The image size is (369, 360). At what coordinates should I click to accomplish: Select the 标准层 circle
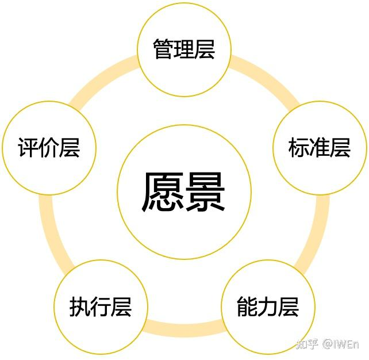point(320,148)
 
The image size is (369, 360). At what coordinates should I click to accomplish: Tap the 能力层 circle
point(268,307)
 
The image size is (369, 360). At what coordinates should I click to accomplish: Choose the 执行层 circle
point(101,306)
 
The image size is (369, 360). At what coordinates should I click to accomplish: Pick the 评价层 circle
point(48,148)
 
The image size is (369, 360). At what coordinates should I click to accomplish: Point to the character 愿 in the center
point(163,192)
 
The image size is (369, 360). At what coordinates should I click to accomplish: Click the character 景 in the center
point(205,192)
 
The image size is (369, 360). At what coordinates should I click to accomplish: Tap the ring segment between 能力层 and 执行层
point(184,330)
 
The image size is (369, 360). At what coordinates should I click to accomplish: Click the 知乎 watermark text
point(307,344)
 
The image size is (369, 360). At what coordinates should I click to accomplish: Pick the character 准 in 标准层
point(320,148)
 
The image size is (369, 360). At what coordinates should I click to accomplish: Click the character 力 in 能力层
point(268,307)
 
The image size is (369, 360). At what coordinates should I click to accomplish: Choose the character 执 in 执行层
point(80,306)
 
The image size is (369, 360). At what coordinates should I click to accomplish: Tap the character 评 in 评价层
point(28,148)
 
